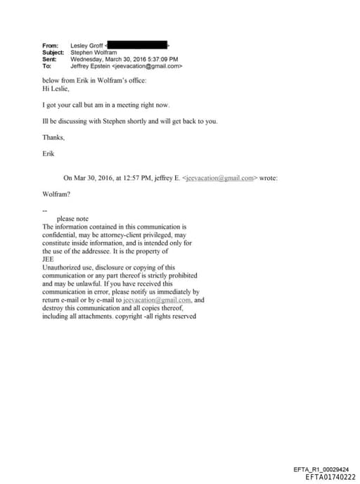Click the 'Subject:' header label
pyautogui.click(x=53, y=53)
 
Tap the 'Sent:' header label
pyautogui.click(x=49, y=60)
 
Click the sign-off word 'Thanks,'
pyautogui.click(x=53, y=137)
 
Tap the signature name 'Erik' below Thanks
pyautogui.click(x=49, y=153)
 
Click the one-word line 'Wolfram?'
pyautogui.click(x=56, y=194)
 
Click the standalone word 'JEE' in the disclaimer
pyautogui.click(x=48, y=260)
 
